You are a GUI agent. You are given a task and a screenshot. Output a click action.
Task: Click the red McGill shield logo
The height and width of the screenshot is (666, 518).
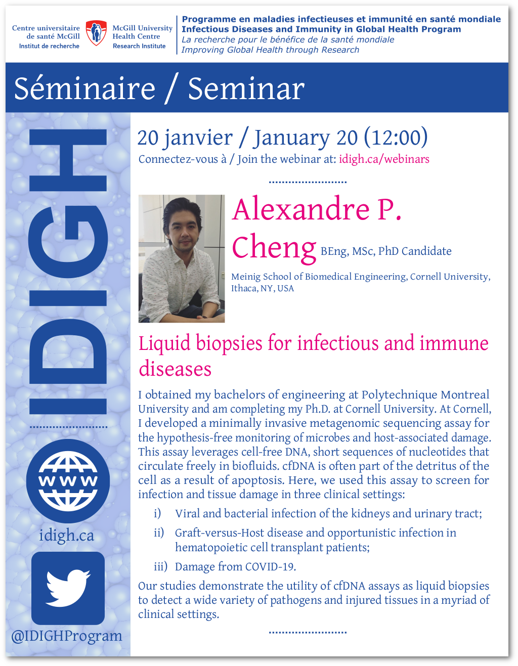(96, 33)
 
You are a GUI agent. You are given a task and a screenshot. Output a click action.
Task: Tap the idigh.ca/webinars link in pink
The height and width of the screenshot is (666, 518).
(384, 159)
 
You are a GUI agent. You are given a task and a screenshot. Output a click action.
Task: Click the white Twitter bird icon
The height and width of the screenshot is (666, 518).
(68, 588)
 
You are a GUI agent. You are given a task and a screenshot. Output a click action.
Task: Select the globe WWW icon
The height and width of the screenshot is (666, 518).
(68, 480)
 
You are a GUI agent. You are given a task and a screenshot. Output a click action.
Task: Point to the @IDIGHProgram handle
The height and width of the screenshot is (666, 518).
(66, 636)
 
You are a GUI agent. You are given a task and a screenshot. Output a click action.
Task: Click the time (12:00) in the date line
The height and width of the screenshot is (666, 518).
(396, 137)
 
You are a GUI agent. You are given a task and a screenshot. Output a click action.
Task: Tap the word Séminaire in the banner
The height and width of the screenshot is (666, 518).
(84, 88)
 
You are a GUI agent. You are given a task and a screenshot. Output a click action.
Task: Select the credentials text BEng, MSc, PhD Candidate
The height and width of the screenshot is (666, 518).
(386, 251)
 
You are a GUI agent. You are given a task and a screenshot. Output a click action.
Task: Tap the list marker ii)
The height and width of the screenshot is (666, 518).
(159, 533)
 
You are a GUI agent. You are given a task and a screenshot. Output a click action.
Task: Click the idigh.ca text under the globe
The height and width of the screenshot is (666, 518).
(66, 536)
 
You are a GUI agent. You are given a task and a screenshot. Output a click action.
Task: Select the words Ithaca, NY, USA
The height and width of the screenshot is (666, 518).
(263, 288)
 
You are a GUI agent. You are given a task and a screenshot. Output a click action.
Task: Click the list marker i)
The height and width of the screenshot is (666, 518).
(157, 513)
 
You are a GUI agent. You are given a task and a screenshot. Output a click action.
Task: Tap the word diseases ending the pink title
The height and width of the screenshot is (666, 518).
(175, 369)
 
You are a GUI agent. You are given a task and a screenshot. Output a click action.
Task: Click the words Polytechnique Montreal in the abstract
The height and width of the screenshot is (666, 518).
(425, 395)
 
